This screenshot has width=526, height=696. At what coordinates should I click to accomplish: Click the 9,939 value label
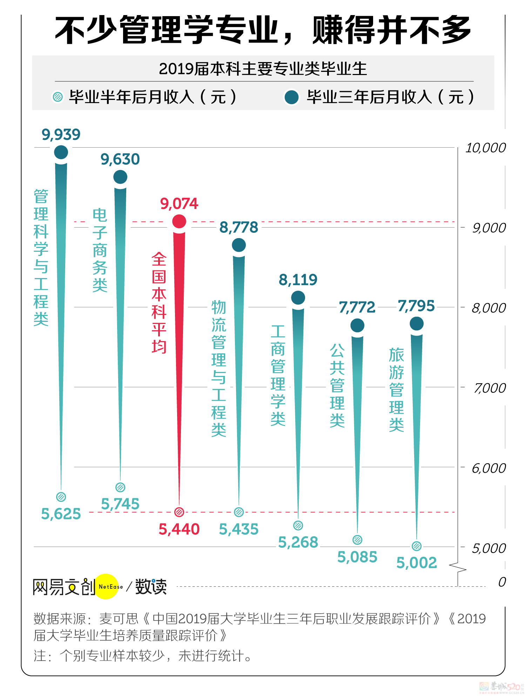pyautogui.click(x=61, y=135)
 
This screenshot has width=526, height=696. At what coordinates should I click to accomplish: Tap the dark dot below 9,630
pyautogui.click(x=120, y=177)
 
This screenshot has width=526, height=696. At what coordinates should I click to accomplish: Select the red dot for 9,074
pyautogui.click(x=179, y=221)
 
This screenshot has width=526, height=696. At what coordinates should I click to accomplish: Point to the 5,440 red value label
pyautogui.click(x=179, y=529)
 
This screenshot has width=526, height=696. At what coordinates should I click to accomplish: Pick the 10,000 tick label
pyautogui.click(x=485, y=148)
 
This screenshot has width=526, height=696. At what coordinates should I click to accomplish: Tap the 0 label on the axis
pyautogui.click(x=502, y=582)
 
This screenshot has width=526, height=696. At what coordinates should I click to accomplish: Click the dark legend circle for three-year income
pyautogui.click(x=291, y=97)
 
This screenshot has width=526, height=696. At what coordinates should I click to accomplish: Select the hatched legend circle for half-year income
pyautogui.click(x=58, y=97)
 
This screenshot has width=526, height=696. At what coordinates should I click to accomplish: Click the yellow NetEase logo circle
pyautogui.click(x=107, y=586)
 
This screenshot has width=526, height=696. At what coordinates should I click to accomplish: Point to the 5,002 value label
pyautogui.click(x=417, y=563)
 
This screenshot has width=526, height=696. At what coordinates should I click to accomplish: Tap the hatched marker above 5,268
pyautogui.click(x=298, y=525)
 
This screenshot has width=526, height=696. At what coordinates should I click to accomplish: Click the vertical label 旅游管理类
pyautogui.click(x=396, y=390)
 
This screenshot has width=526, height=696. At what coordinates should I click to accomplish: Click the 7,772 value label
pyautogui.click(x=357, y=308)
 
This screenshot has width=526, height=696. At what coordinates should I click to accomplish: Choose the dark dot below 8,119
pyautogui.click(x=298, y=298)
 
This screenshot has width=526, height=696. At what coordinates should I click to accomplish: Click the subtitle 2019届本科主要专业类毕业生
pyautogui.click(x=263, y=69)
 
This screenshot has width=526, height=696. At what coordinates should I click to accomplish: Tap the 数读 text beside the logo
pyautogui.click(x=151, y=587)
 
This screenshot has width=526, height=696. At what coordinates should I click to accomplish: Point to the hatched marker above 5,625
pyautogui.click(x=61, y=496)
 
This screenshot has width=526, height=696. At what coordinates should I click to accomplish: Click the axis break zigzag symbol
pyautogui.click(x=458, y=567)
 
